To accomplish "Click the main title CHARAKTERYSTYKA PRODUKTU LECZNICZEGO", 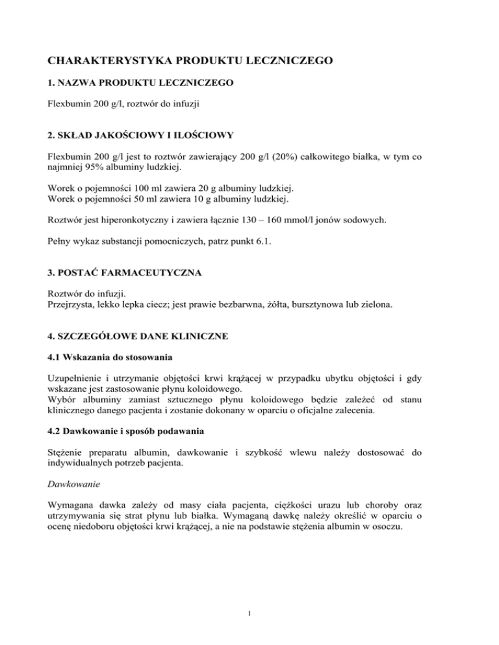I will (x=190, y=62).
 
